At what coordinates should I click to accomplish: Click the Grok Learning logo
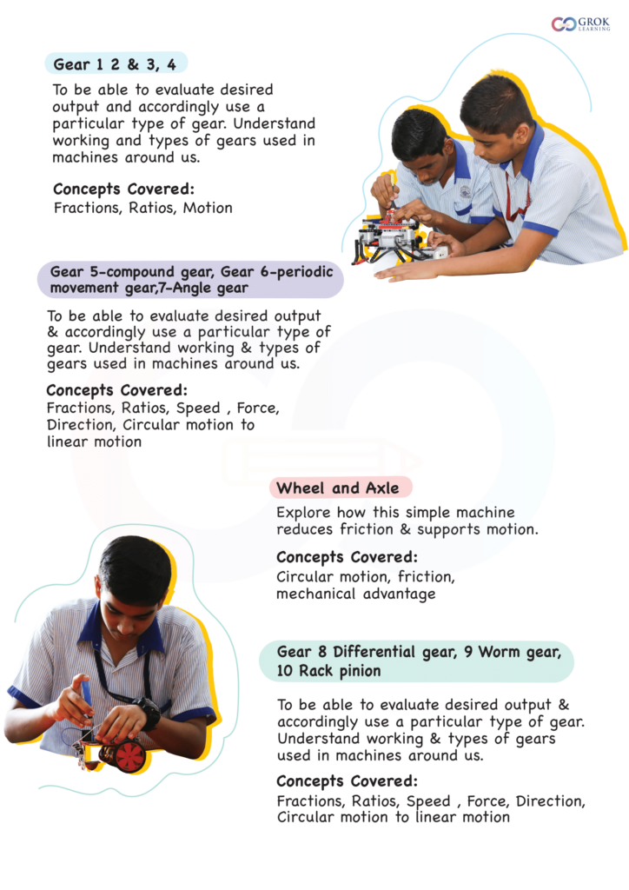pyautogui.click(x=580, y=23)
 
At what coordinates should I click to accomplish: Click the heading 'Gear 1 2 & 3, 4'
pyautogui.click(x=116, y=64)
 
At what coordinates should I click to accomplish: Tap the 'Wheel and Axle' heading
pyautogui.click(x=338, y=488)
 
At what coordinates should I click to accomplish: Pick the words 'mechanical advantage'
pyautogui.click(x=355, y=594)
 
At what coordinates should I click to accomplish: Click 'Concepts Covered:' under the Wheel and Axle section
pyautogui.click(x=347, y=557)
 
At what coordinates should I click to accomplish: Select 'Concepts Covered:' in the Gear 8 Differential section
pyautogui.click(x=347, y=780)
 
